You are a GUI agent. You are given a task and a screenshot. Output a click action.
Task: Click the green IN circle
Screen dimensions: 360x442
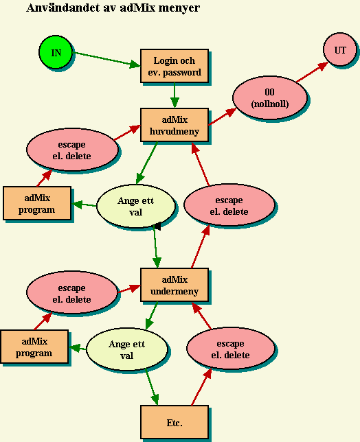pyautogui.click(x=56, y=52)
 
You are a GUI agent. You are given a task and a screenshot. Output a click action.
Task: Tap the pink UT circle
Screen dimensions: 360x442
pyautogui.click(x=340, y=49)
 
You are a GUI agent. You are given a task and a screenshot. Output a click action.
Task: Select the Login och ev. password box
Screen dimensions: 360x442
pyautogui.click(x=175, y=66)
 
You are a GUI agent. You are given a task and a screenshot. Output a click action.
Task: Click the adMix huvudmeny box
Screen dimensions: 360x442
pyautogui.click(x=175, y=125)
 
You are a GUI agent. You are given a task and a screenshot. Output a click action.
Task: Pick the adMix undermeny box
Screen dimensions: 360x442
pyautogui.click(x=175, y=285)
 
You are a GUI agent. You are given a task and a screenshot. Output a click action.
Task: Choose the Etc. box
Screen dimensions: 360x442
pyautogui.click(x=175, y=422)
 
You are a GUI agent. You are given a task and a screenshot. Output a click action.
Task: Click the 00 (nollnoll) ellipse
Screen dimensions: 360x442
pyautogui.click(x=270, y=97)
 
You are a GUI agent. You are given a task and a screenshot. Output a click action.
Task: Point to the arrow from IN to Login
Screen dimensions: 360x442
pyautogui.click(x=106, y=59)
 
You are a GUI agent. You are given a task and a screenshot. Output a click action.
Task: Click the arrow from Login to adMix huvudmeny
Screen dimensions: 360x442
pyautogui.click(x=175, y=95)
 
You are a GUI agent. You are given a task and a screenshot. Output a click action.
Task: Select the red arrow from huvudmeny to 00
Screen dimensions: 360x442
pyautogui.click(x=223, y=117)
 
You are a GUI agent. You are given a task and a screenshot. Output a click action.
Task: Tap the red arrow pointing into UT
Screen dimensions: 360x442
pyautogui.click(x=313, y=72)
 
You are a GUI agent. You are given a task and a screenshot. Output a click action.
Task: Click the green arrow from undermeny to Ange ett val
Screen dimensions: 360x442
pyautogui.click(x=152, y=316)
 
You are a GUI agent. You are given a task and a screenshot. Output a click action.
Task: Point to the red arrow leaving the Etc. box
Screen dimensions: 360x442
pyautogui.click(x=201, y=387)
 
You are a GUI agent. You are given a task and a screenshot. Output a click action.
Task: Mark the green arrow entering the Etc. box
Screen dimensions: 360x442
pyautogui.click(x=152, y=387)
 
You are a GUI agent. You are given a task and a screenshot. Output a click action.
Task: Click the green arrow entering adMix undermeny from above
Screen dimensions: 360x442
pyautogui.click(x=157, y=247)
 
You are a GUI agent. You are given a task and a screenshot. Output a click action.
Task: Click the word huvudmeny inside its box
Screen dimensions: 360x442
pyautogui.click(x=175, y=131)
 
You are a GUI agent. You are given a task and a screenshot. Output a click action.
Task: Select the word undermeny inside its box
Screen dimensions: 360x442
pyautogui.click(x=175, y=291)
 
